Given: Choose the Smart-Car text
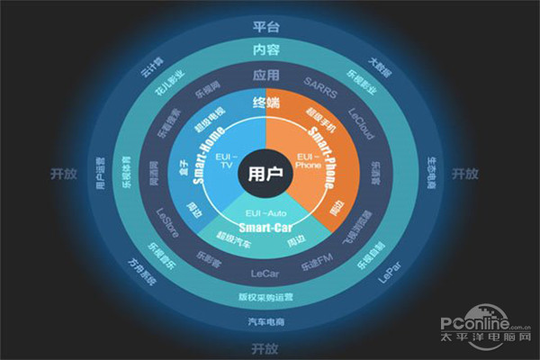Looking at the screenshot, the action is [x=267, y=228].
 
